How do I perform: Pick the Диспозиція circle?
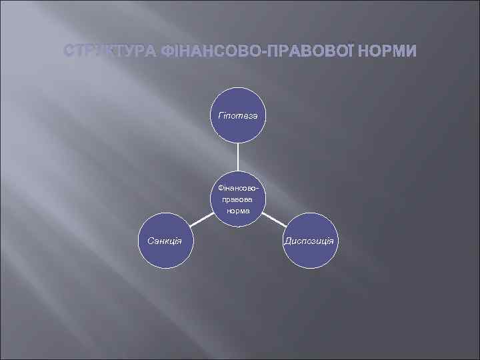[x=311, y=241]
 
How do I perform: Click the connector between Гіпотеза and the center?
[x=239, y=158]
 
